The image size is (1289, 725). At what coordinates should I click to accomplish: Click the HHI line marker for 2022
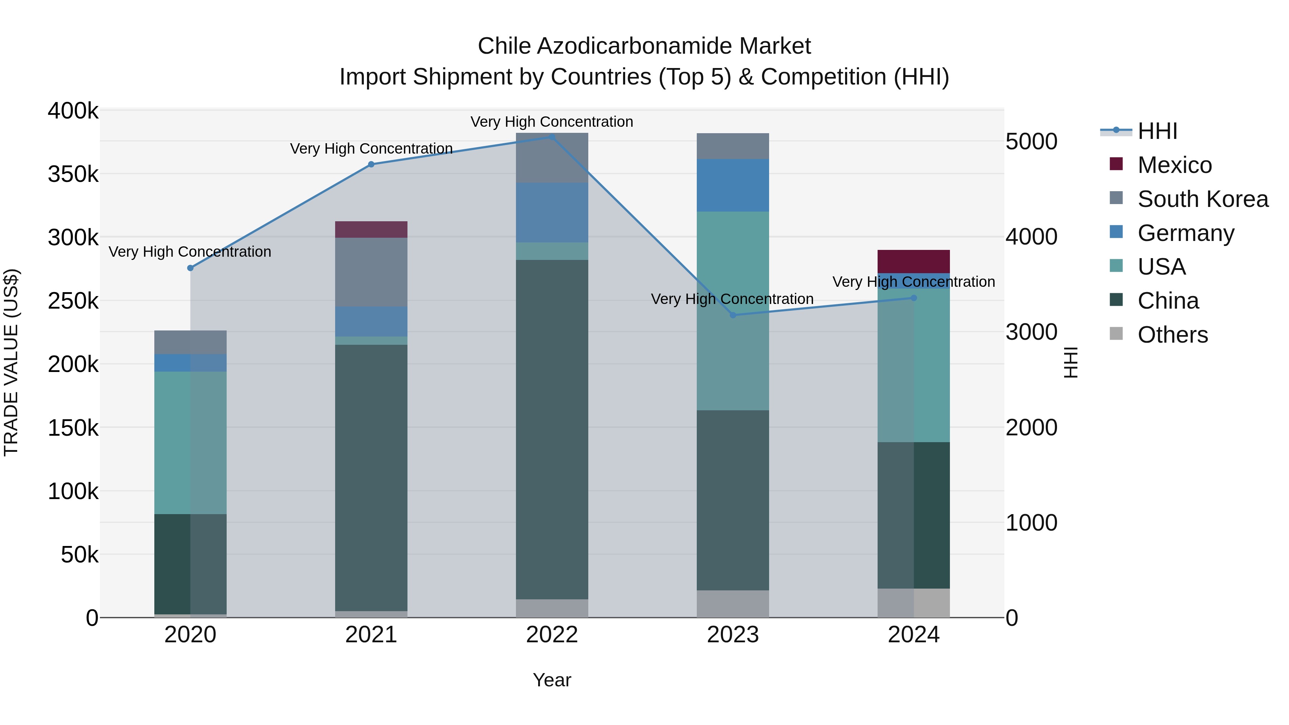click(x=552, y=137)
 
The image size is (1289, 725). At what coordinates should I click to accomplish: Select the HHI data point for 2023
click(x=733, y=315)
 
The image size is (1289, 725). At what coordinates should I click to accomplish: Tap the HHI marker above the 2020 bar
click(x=190, y=268)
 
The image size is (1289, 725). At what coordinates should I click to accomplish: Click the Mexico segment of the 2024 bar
click(x=914, y=261)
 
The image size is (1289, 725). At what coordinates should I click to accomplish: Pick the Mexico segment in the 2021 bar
click(x=371, y=229)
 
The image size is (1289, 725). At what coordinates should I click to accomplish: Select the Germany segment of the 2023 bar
click(x=733, y=185)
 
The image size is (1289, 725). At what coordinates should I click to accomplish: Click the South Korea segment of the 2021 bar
click(x=371, y=272)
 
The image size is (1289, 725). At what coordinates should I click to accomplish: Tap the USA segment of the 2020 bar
click(x=190, y=443)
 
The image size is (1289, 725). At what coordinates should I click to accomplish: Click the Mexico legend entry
click(x=1174, y=165)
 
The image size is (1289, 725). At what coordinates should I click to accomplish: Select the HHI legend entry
click(x=1157, y=131)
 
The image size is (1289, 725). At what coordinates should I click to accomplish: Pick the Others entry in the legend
click(x=1172, y=335)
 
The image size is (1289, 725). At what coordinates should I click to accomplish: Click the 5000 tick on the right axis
click(x=1031, y=141)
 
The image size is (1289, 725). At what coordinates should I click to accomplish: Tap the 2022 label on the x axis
click(x=552, y=635)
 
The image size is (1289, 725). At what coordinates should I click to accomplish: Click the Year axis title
click(x=551, y=680)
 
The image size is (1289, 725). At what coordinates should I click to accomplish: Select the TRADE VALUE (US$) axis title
click(x=11, y=362)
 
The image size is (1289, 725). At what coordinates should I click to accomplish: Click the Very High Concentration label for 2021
click(x=371, y=149)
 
